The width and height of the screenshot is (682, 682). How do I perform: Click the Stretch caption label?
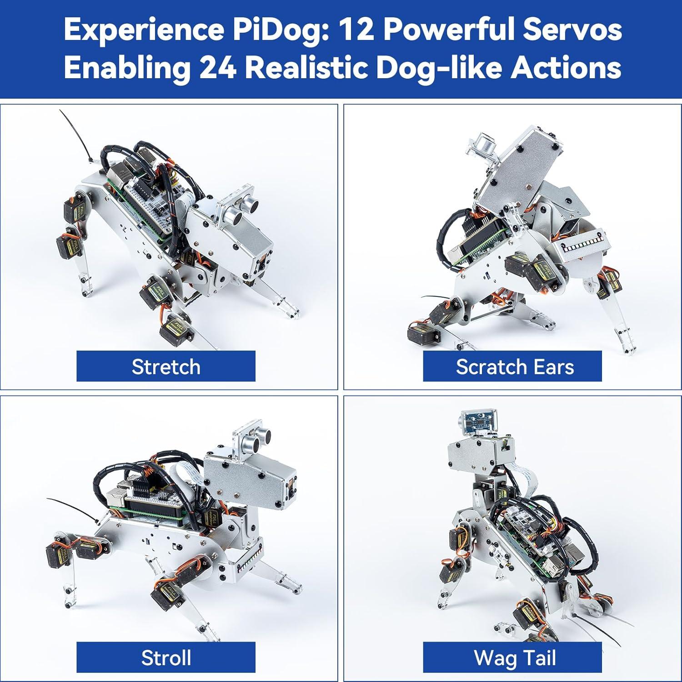(x=166, y=366)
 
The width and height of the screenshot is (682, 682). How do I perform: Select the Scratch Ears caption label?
(x=512, y=366)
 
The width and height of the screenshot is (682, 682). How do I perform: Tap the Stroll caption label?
(x=166, y=657)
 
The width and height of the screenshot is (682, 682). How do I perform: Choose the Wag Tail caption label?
(x=512, y=657)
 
